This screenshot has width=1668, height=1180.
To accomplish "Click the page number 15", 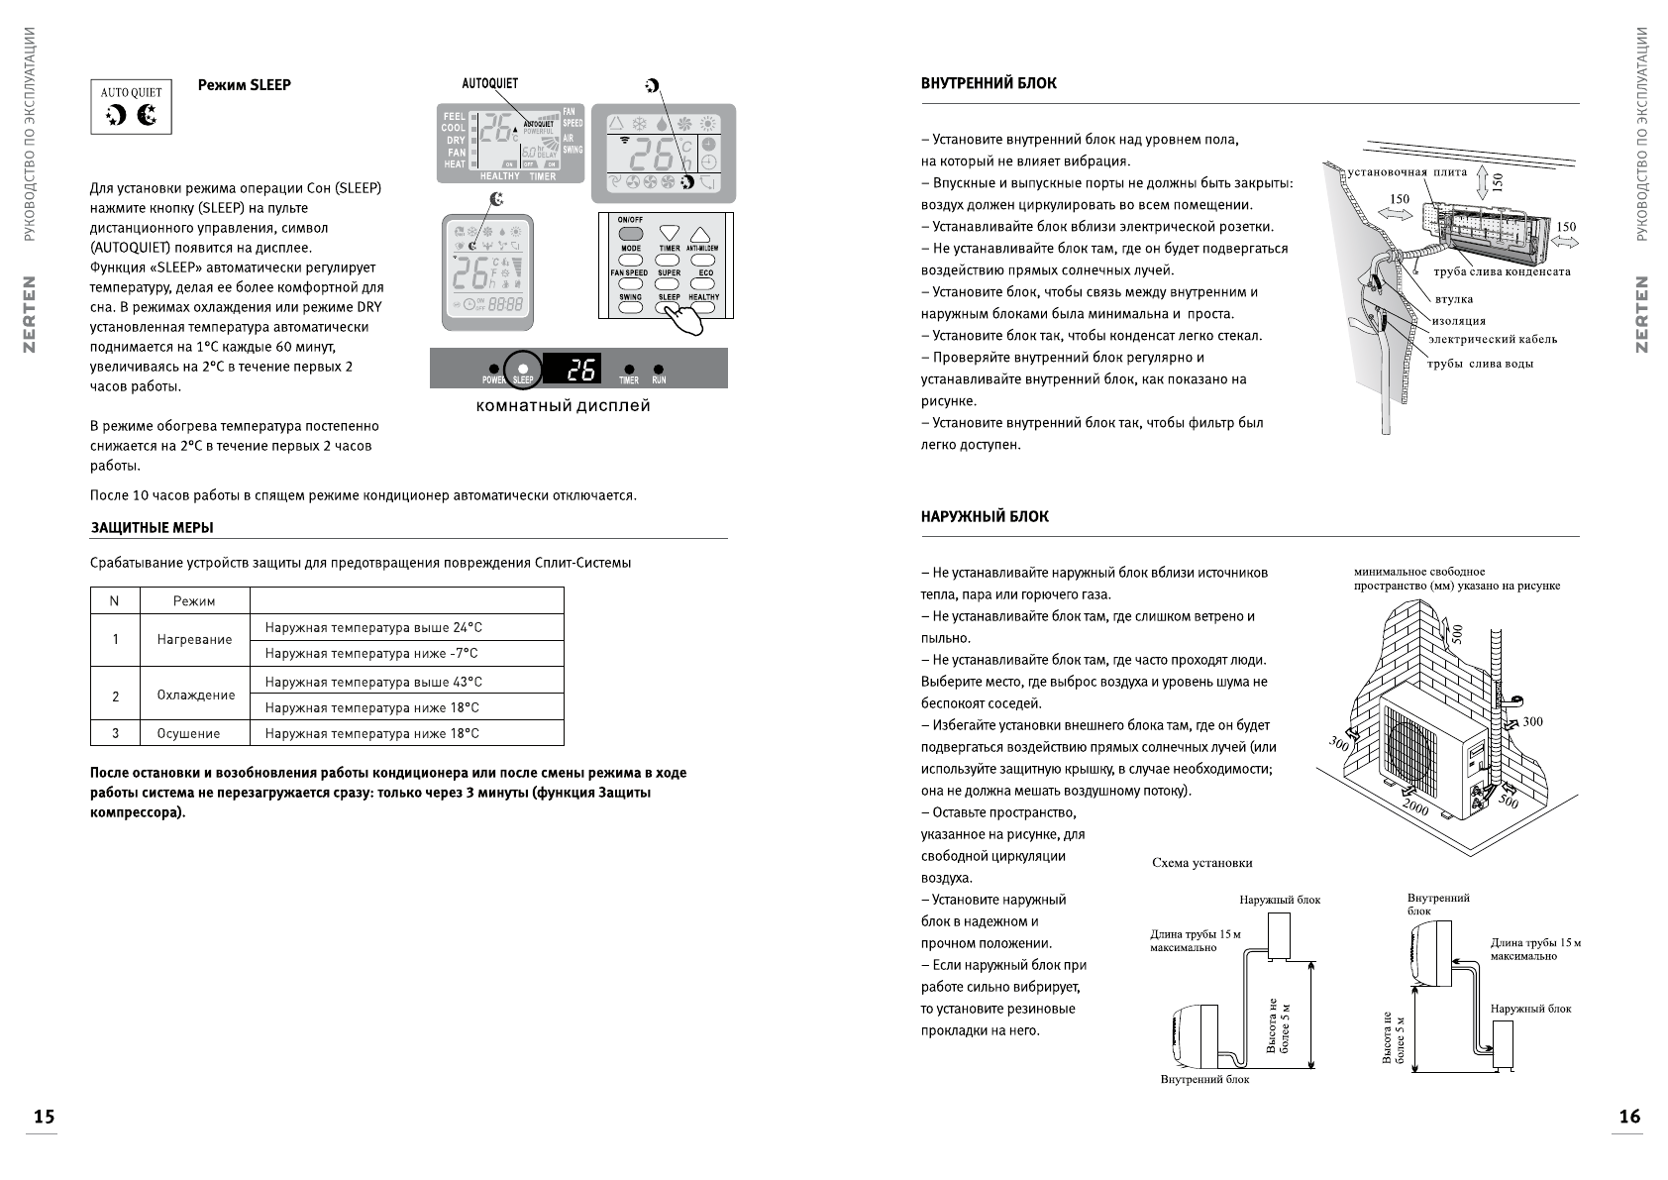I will coord(44,1117).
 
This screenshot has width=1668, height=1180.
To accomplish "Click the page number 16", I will coord(1629,1117).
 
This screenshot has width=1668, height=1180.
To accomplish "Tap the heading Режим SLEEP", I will coord(244,85).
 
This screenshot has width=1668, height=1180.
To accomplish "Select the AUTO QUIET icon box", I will coord(132,107).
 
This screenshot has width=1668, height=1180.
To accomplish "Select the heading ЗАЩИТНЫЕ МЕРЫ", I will coord(152,528).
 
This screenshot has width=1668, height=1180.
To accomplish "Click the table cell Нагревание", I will coord(194,640).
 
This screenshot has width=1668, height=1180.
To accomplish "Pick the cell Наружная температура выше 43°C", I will coord(373,682).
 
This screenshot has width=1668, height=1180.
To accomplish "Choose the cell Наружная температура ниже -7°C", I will coord(371,654).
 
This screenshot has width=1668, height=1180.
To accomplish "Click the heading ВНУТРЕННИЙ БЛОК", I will coord(989,84).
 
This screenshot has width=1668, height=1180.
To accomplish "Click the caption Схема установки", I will coord(1201,863).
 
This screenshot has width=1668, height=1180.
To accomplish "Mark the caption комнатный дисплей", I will coord(563,405).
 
